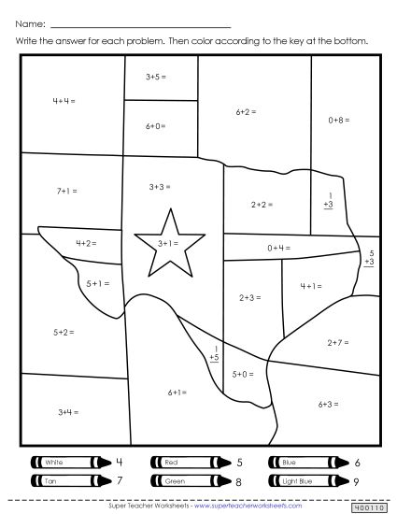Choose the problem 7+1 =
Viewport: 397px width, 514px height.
(66, 191)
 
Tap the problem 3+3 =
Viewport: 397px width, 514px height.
(158, 187)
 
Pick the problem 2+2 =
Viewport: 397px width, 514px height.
(262, 203)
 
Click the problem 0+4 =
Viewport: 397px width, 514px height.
(277, 248)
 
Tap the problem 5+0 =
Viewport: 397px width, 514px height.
(243, 374)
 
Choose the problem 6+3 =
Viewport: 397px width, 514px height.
(326, 404)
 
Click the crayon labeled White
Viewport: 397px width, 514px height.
(64, 462)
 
